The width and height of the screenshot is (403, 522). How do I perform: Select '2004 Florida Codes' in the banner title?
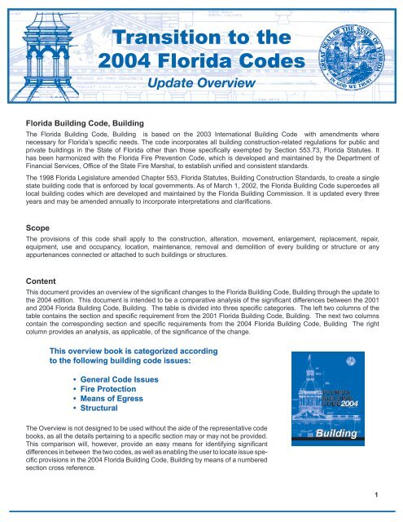(201, 61)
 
